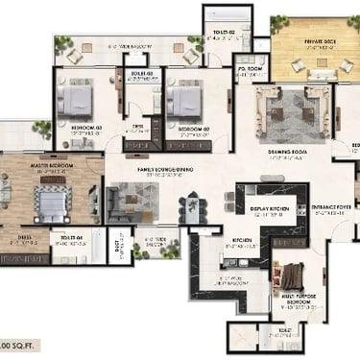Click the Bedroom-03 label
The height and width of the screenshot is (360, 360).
(85, 127)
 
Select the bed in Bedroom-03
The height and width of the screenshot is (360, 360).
(76, 98)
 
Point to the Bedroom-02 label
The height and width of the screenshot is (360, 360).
(192, 127)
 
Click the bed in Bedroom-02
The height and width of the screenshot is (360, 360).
(183, 98)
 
